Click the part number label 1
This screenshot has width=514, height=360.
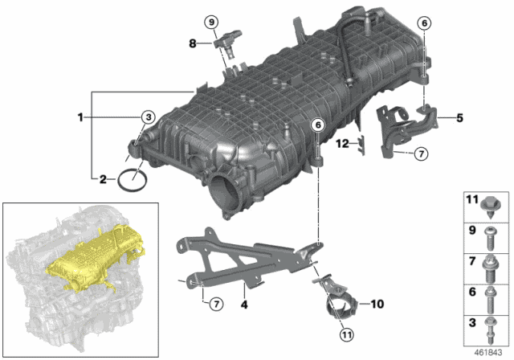[80, 117]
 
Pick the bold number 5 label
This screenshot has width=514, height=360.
[460, 118]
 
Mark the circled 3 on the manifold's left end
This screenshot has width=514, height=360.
[147, 118]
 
